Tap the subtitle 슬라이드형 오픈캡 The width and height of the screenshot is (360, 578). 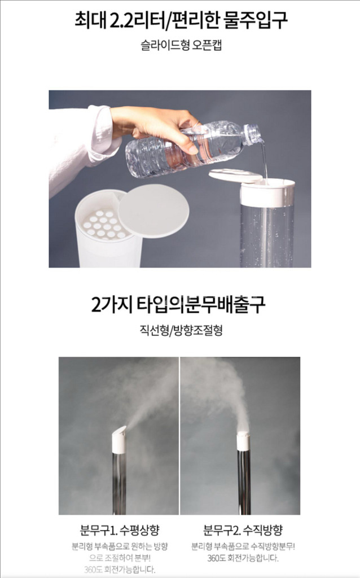point(181,45)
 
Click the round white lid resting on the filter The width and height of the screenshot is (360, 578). point(153,211)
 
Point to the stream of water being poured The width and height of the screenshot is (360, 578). point(264,162)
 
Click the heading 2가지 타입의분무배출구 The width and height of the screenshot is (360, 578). point(178,305)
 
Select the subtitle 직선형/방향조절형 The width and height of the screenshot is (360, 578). point(181,330)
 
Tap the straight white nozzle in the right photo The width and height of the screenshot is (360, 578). point(243,441)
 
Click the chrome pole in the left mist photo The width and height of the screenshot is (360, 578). point(120,483)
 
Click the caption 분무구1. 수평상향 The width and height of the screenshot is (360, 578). point(120,530)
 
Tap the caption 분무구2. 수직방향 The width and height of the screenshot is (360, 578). point(243,530)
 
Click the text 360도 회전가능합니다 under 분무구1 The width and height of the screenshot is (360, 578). point(120,570)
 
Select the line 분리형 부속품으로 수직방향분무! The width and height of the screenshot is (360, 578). point(243,546)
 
